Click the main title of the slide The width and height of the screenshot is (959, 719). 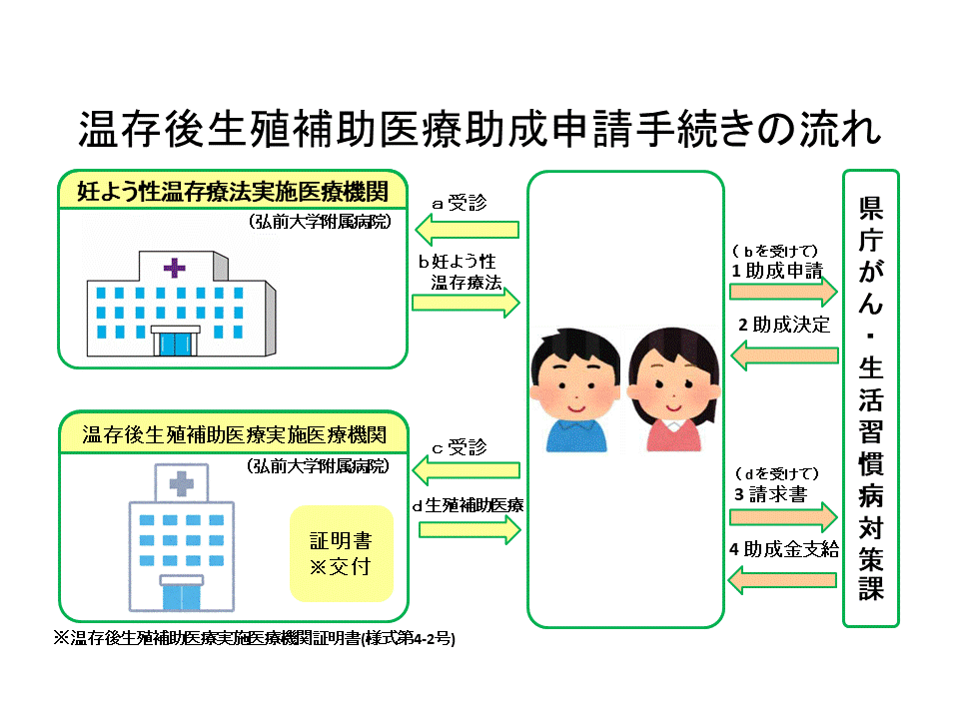(479, 130)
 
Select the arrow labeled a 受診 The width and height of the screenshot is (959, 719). (467, 232)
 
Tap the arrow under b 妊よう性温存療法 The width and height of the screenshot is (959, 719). (467, 301)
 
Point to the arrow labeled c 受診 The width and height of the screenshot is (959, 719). (467, 469)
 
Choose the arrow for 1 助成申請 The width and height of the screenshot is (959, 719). (783, 291)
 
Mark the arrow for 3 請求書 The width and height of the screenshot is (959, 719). (783, 516)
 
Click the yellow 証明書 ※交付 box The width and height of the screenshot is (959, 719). (341, 554)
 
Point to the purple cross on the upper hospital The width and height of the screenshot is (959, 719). (175, 268)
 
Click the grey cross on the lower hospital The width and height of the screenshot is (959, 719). (181, 485)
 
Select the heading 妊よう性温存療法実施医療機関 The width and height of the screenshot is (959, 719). (233, 192)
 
